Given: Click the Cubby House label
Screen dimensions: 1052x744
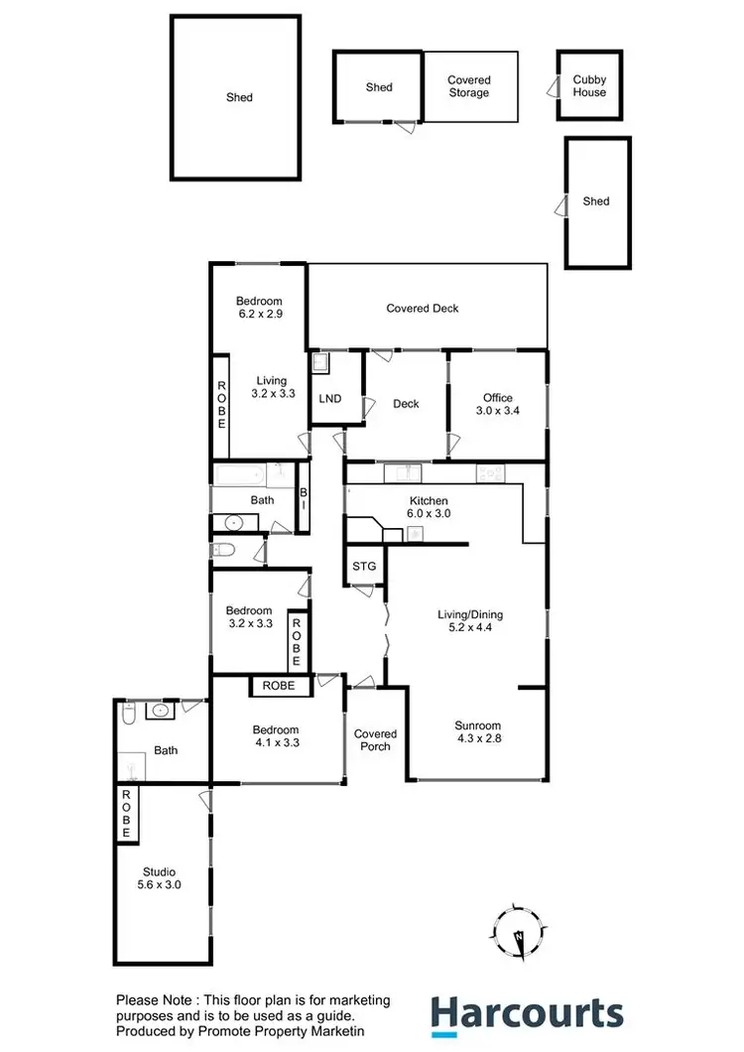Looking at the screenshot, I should (x=588, y=86).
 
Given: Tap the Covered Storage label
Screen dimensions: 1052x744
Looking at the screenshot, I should (x=468, y=86).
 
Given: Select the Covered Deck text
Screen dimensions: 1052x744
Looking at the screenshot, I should (x=423, y=309).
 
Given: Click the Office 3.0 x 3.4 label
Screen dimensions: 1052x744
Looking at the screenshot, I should (x=498, y=405).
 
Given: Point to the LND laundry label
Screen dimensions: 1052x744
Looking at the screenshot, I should (x=330, y=399).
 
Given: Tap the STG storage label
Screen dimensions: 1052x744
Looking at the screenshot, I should (x=364, y=567).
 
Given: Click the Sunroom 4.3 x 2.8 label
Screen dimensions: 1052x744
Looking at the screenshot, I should (x=478, y=731).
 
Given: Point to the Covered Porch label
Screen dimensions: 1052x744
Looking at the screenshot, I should (x=373, y=739).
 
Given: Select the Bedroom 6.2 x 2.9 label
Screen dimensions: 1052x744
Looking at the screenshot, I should (x=259, y=308).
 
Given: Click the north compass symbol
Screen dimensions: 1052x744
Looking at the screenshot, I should (x=518, y=934).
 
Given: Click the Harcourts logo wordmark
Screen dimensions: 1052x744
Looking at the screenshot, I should (x=527, y=1015).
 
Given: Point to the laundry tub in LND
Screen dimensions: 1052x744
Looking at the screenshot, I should (x=321, y=364).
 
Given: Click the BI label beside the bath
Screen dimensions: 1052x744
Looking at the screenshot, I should (x=304, y=498).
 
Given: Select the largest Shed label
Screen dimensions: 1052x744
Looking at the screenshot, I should (x=239, y=97).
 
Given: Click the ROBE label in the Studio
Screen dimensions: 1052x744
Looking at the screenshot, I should (x=126, y=814).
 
